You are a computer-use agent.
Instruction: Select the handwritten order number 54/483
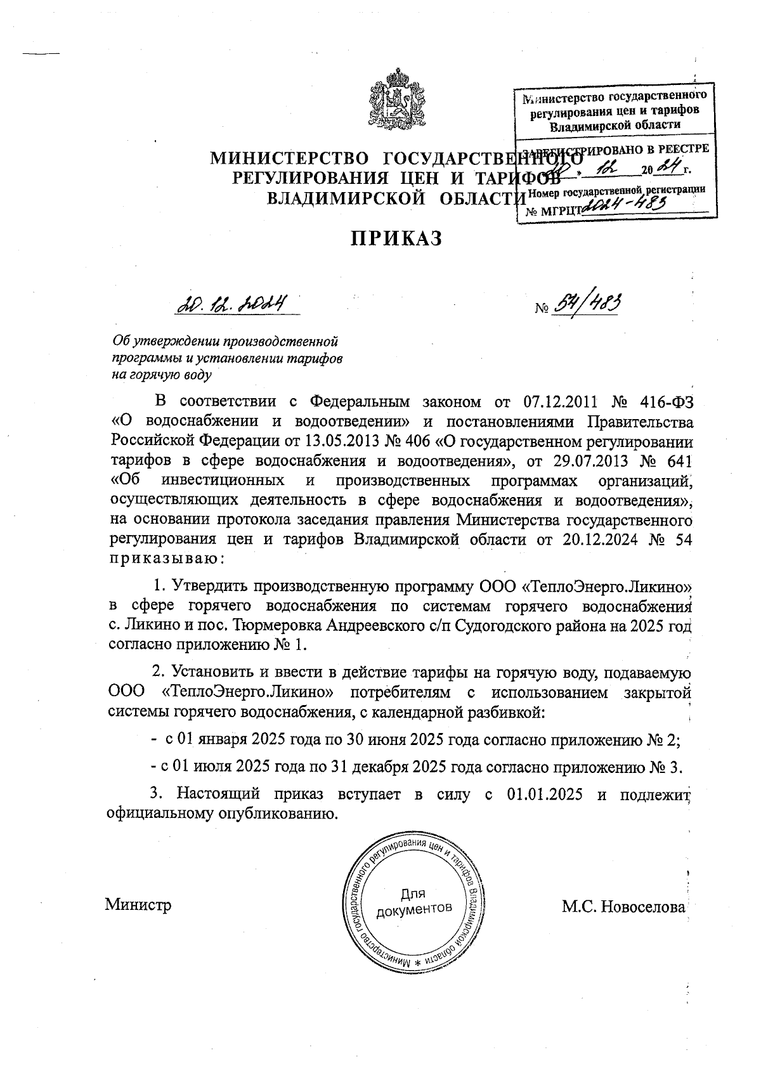(587, 306)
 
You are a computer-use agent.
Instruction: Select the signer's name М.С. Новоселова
(623, 907)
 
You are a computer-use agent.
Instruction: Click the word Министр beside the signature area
(138, 904)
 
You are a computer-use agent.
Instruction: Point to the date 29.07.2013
(594, 459)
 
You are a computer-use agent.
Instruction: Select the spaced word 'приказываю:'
(167, 559)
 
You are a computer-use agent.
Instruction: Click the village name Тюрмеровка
(277, 626)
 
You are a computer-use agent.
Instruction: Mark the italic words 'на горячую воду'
(161, 375)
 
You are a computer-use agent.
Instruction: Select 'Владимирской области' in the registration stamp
(615, 125)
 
